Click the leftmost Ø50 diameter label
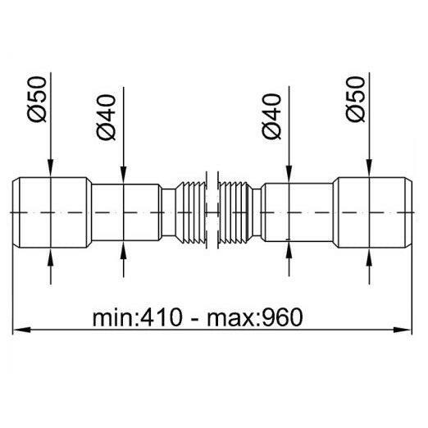point(37,99)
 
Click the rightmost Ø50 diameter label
point(355,99)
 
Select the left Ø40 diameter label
point(107,117)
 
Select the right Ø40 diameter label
point(271,116)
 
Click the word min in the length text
point(113,317)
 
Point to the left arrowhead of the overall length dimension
point(21,330)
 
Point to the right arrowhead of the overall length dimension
point(402,330)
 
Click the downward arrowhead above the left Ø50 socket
point(51,168)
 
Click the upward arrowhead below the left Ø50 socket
point(51,257)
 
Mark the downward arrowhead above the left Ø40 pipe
point(124,175)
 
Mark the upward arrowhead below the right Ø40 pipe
point(289,250)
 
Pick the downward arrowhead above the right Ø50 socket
point(369,168)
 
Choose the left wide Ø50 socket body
point(52,212)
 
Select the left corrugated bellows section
point(191,212)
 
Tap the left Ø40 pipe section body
point(126,212)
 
